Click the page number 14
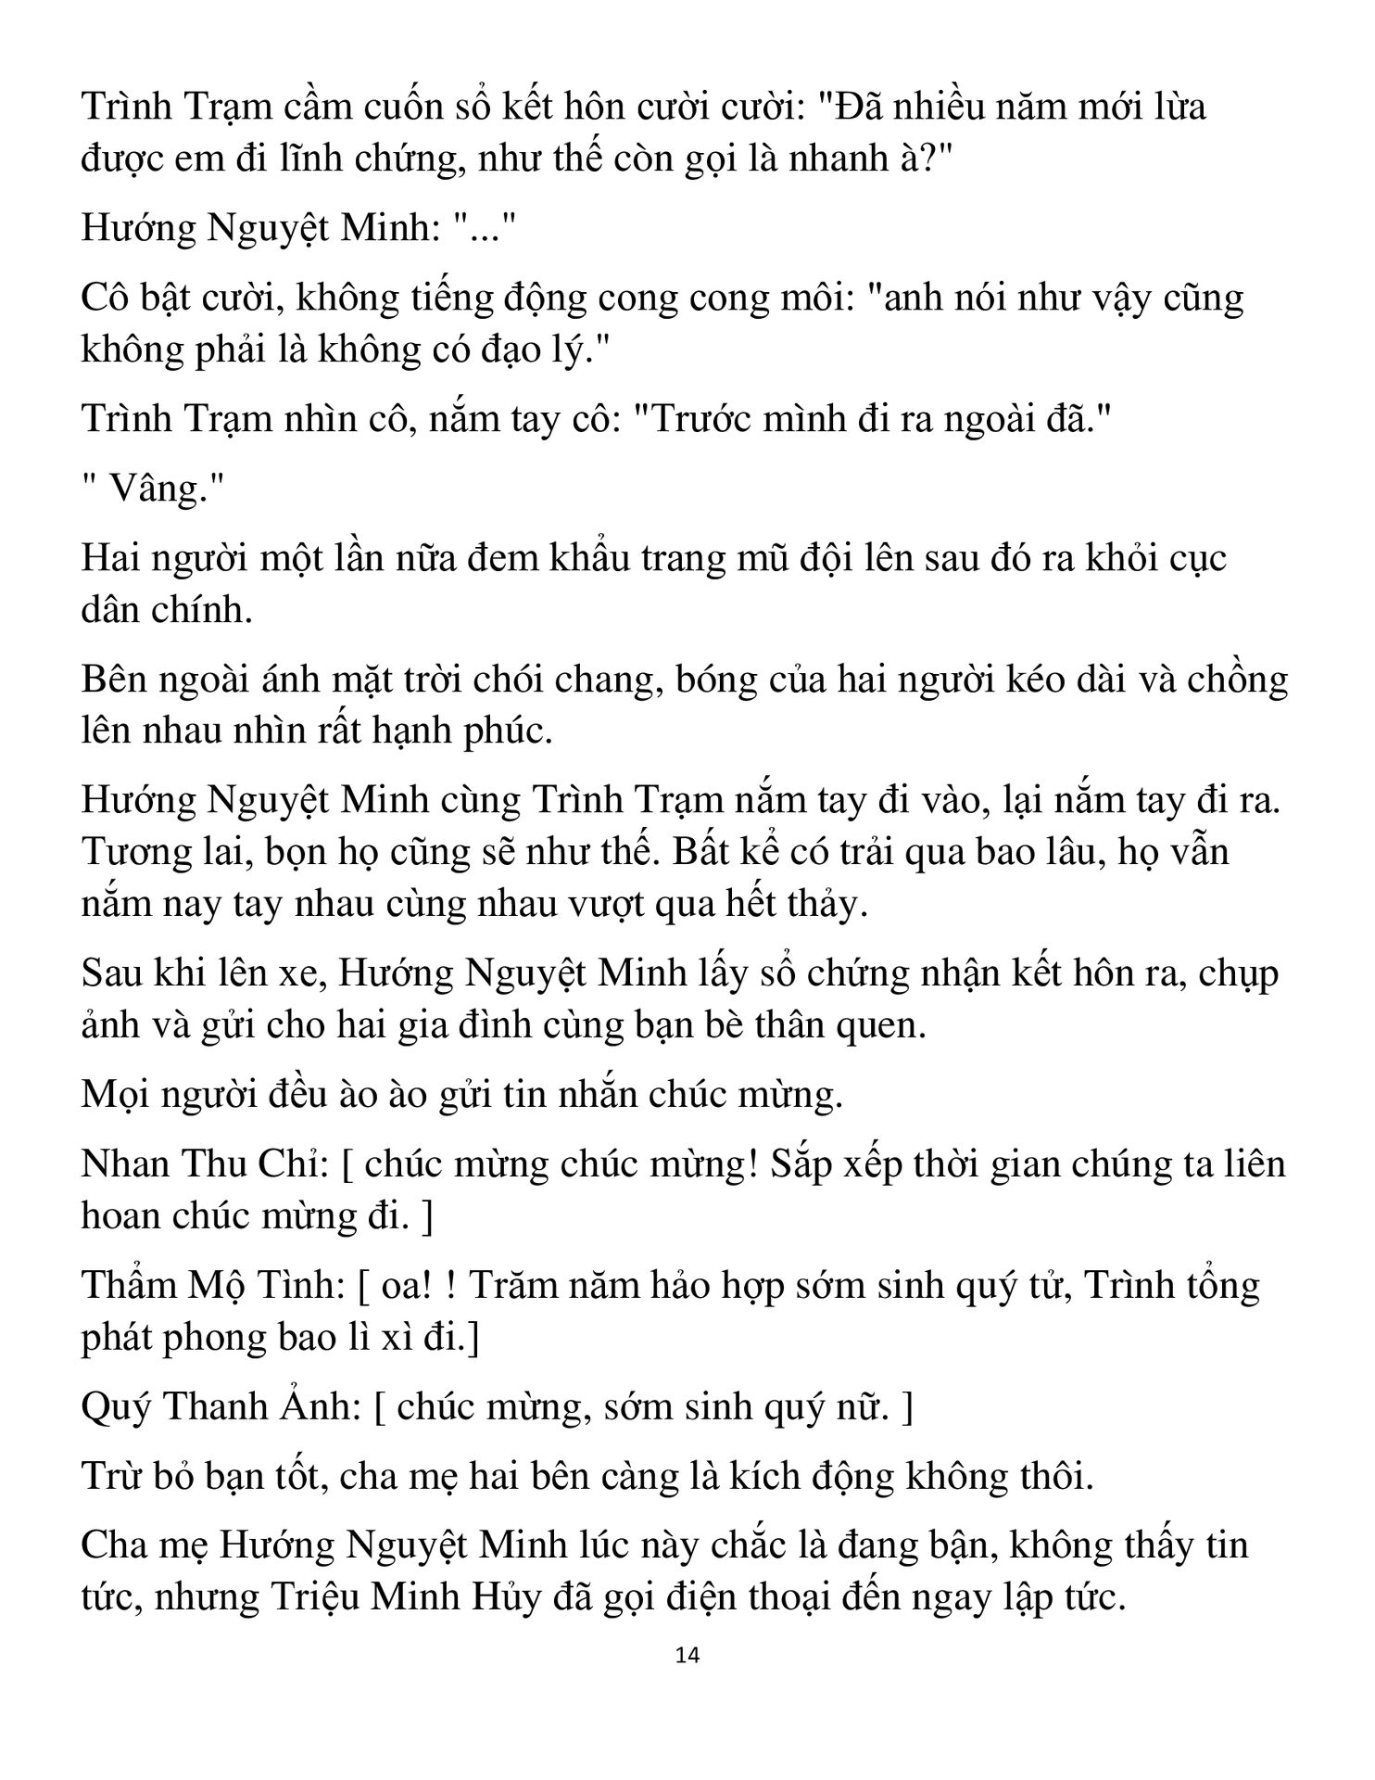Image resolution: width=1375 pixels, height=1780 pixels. (687, 1655)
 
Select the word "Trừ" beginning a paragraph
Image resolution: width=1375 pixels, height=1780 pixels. (110, 1476)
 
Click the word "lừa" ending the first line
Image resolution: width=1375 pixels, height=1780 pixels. (1179, 108)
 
